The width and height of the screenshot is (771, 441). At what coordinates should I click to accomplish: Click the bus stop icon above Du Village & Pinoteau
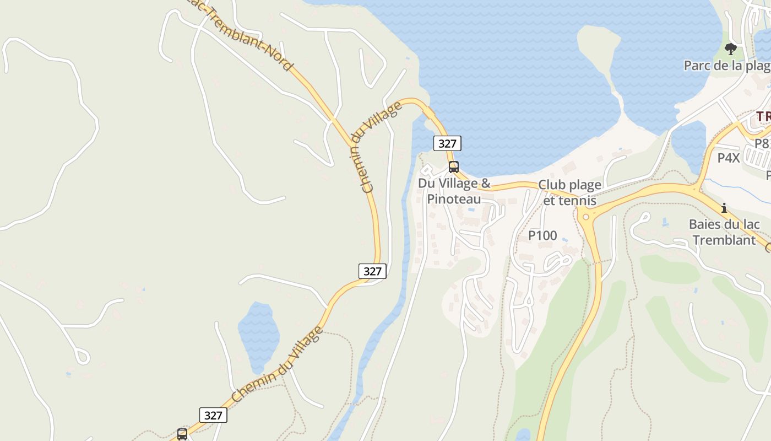(453, 166)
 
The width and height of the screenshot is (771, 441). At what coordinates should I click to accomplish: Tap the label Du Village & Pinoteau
(454, 191)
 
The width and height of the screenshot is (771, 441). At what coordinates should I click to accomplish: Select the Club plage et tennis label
(569, 192)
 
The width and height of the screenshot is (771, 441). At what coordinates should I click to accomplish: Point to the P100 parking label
(542, 235)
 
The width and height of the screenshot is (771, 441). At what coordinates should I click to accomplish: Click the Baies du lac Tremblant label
(724, 232)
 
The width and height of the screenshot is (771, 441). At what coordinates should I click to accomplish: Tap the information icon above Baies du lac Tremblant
(724, 208)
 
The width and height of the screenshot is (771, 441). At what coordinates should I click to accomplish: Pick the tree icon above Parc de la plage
(731, 49)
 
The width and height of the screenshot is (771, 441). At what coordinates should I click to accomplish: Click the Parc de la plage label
(726, 66)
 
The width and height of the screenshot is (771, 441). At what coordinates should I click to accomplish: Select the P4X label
(729, 158)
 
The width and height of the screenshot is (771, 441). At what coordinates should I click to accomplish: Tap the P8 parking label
(762, 143)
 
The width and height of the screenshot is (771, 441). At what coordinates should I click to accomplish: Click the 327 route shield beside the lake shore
(447, 143)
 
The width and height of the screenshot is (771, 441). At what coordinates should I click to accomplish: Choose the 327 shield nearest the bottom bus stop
(213, 415)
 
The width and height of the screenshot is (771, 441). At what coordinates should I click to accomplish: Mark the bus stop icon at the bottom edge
(182, 434)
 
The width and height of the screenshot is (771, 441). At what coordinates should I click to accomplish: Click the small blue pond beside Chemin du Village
(258, 334)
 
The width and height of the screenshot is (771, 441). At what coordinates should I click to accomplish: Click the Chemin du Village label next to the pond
(276, 364)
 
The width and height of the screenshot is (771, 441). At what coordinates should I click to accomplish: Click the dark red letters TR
(763, 117)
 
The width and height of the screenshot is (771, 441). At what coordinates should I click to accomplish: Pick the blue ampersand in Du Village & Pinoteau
(485, 183)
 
